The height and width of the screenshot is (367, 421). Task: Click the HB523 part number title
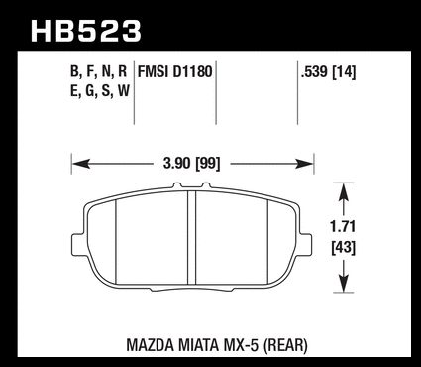86,31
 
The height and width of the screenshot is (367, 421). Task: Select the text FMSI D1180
174,72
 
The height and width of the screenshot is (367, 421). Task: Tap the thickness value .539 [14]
328,72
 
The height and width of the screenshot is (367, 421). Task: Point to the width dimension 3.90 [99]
191,164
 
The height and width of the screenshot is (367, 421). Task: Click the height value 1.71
343,227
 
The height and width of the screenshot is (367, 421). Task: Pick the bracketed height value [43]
344,247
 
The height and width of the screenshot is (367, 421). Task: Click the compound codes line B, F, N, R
98,72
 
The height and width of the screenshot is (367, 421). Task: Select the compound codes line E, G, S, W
100,91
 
